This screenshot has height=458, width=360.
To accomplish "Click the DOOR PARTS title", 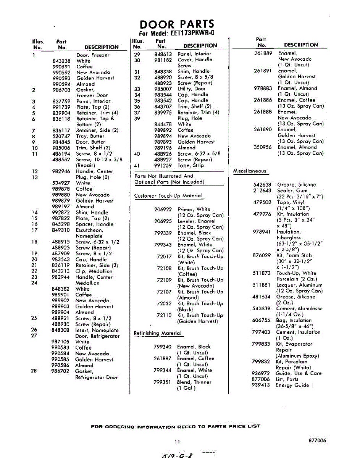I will coord(177,24).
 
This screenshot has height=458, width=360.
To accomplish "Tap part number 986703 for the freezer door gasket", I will coord(61,90).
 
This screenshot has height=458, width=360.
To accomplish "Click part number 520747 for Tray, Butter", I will coord(61,136).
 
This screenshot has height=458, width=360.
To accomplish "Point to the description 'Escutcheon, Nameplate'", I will coord(89,233).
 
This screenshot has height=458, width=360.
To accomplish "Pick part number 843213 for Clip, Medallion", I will coord(61,271).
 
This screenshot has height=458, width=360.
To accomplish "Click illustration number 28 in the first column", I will coord(34,371).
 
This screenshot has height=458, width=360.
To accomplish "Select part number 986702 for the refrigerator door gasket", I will coord(61,371).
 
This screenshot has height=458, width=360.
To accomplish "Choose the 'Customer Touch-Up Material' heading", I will coord(168,196).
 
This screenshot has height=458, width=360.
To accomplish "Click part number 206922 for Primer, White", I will coord(163,209).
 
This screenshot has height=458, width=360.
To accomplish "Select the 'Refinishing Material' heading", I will coord(157,333).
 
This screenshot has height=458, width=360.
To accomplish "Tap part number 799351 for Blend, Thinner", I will coord(162,382).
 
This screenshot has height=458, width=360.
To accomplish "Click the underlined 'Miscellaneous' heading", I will coord(249,171).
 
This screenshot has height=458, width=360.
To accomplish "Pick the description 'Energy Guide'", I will coord(292,385).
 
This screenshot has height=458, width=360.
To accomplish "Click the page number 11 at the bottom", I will coord(177,442).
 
